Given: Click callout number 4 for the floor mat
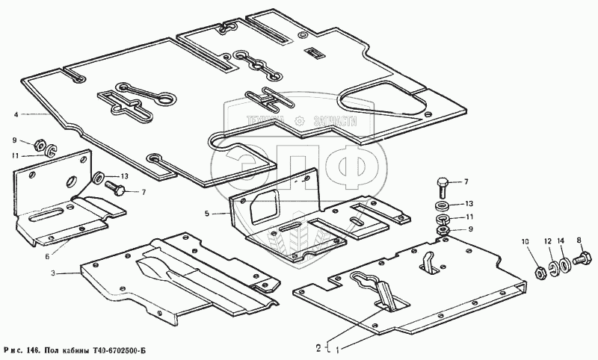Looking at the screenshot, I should [15, 114].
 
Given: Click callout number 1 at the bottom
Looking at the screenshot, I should [337, 348].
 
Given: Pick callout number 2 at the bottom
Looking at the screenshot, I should [318, 347].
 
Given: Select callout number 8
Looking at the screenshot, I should [578, 240].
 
